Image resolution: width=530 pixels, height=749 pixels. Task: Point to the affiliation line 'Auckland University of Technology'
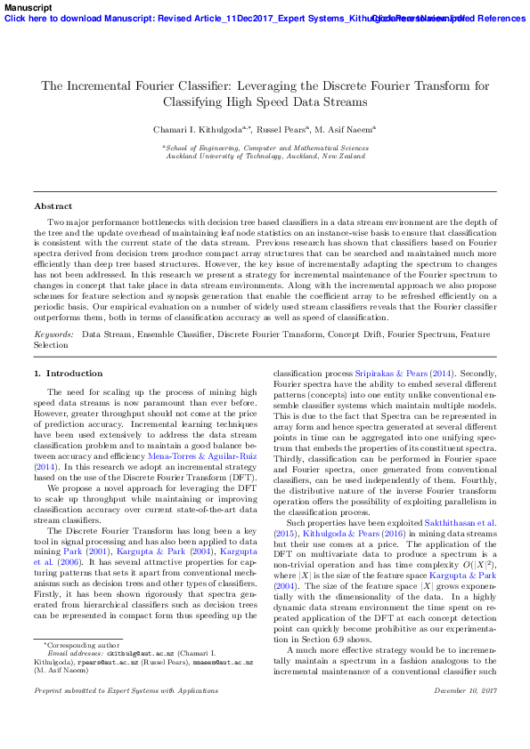(x=265, y=156)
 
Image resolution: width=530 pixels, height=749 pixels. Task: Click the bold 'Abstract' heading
(x=53, y=205)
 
